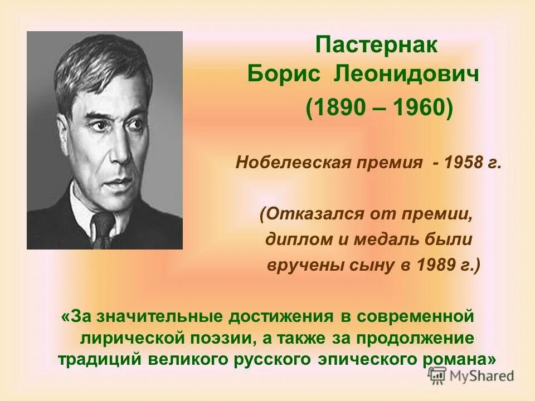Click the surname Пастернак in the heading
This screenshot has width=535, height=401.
pyautogui.click(x=376, y=45)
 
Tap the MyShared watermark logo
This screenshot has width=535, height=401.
pyautogui.click(x=471, y=375)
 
